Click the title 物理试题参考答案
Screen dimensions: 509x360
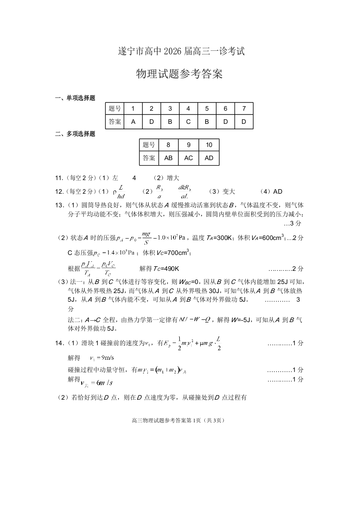tap(180, 74)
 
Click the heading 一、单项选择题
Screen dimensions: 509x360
tap(75, 98)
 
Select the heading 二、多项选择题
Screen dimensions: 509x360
tap(75, 134)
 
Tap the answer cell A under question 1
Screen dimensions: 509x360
tap(133, 122)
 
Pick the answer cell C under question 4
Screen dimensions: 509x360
tap(188, 122)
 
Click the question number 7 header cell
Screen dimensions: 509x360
tap(244, 109)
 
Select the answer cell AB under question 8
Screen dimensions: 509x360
tap(168, 158)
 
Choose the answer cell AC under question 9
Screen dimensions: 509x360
tap(188, 158)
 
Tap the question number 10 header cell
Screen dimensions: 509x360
tap(209, 145)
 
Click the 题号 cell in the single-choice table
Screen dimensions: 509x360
tap(115, 109)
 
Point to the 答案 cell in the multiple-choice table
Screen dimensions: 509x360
tap(148, 158)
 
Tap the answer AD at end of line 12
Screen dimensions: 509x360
tap(278, 191)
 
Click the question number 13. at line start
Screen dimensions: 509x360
tap(60, 205)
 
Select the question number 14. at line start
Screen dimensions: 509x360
tap(60, 343)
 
